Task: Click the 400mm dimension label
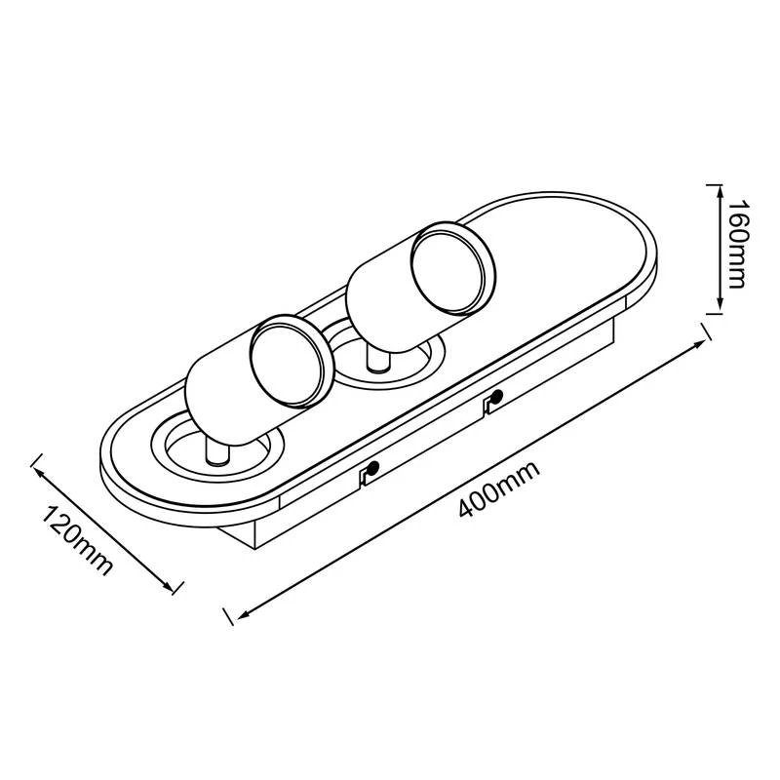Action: pos(498,490)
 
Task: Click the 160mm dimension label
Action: pos(738,245)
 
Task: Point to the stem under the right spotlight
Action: pos(376,362)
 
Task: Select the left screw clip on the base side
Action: pos(370,474)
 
